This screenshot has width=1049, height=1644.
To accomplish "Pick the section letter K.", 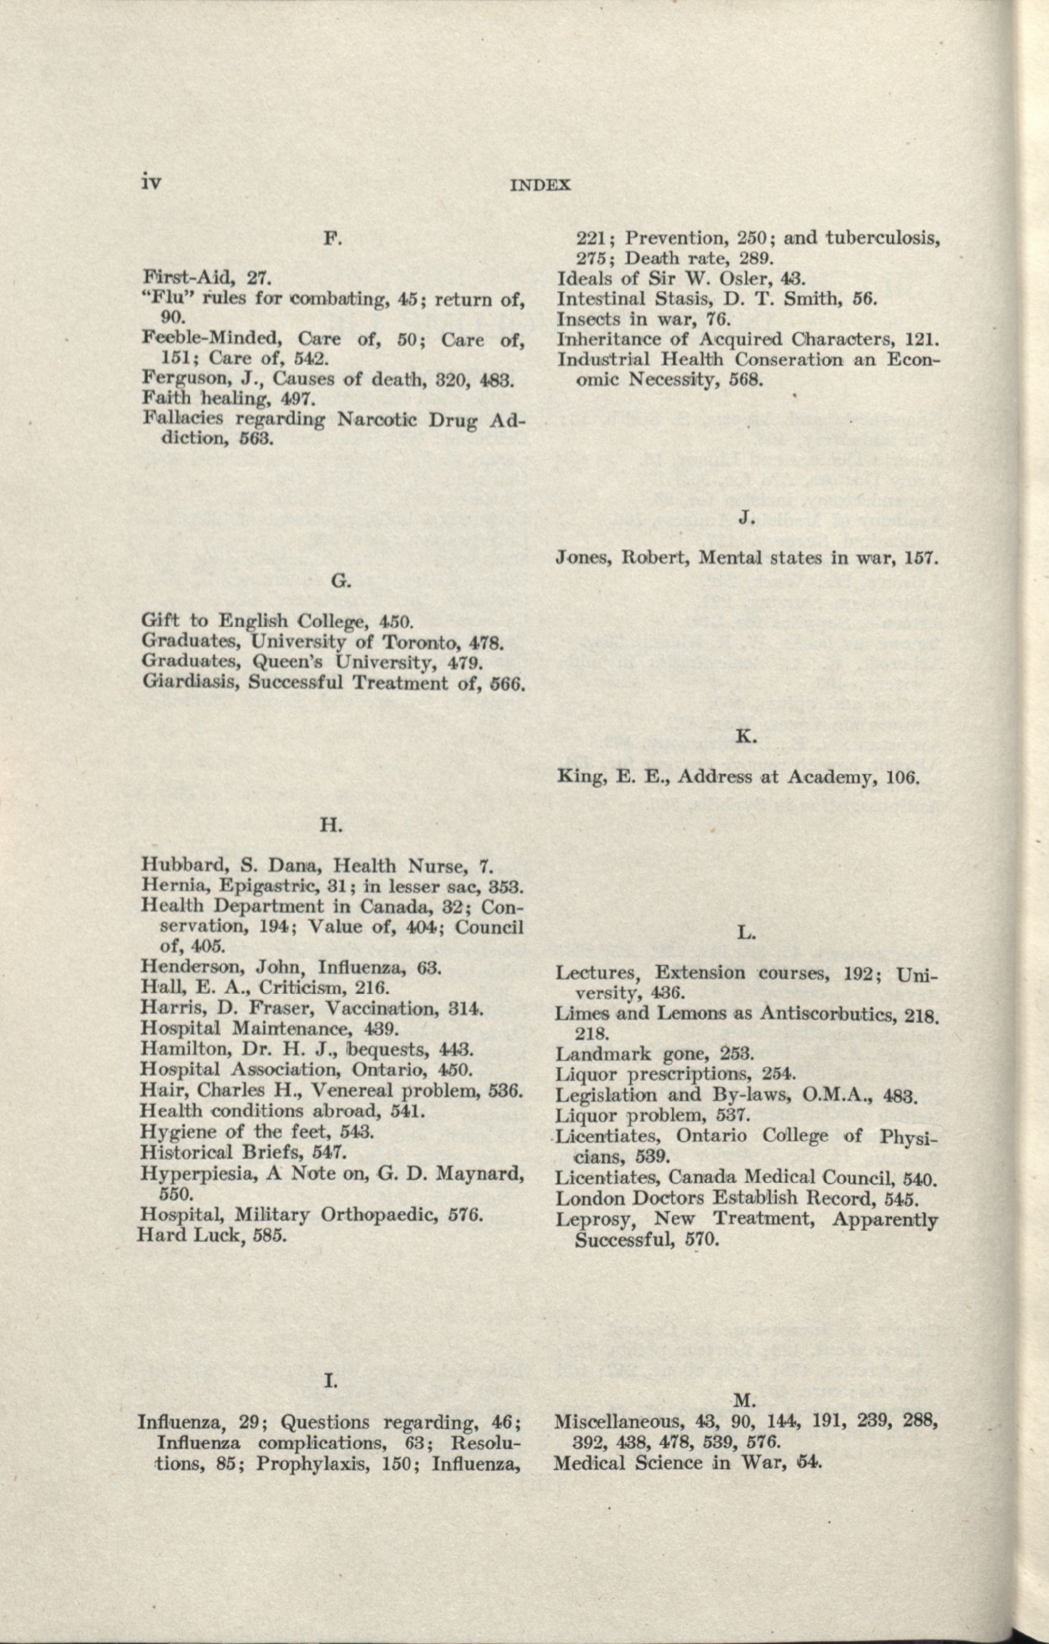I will coord(746,737).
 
